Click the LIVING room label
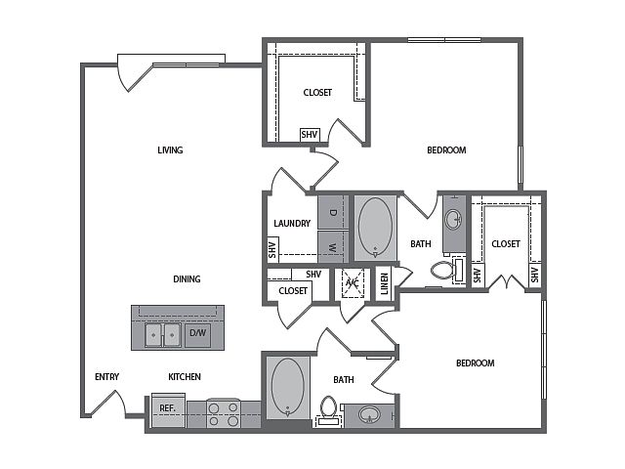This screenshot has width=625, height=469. point(170,150)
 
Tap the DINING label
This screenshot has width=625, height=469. point(187,279)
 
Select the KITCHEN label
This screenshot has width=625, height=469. point(185,377)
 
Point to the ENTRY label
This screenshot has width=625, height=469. point(106,377)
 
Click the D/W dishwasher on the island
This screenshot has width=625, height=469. point(197,334)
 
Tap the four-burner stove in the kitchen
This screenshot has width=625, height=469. point(224,413)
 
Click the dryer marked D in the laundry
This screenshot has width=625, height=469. point(333,212)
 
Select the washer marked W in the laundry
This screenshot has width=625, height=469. point(333,247)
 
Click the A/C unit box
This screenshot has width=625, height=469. point(353,283)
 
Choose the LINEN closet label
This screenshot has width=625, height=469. point(384,283)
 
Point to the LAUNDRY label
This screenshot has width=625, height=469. point(292,224)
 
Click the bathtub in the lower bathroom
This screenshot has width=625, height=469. point(288,387)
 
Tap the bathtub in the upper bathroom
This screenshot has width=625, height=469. point(375,228)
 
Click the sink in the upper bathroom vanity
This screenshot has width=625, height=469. point(454,219)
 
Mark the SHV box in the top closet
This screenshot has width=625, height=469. point(310,135)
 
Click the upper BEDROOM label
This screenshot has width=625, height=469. point(446,150)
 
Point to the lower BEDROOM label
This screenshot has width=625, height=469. point(476,363)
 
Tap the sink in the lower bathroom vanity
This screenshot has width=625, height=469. point(369,415)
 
